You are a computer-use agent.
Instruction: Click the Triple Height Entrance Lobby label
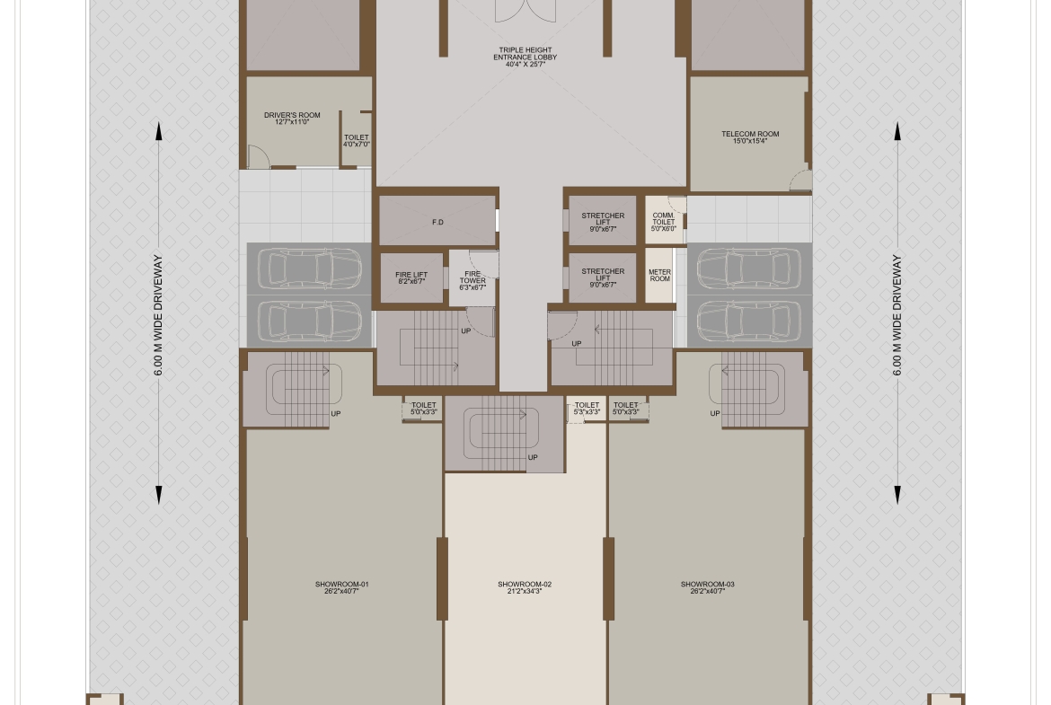pyautogui.click(x=525, y=57)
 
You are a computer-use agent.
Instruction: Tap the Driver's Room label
pyautogui.click(x=292, y=119)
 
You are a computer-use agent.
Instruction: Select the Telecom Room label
pyautogui.click(x=750, y=137)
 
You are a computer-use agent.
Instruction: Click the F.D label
pyautogui.click(x=437, y=222)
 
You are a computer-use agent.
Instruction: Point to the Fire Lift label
pyautogui.click(x=411, y=278)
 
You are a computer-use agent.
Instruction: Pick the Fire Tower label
pyautogui.click(x=473, y=281)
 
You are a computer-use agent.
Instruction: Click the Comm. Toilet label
pyautogui.click(x=664, y=222)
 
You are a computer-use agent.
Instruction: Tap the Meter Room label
pyautogui.click(x=659, y=276)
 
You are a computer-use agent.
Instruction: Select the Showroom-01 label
pyautogui.click(x=342, y=587)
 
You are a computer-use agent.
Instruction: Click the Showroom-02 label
pyautogui.click(x=525, y=587)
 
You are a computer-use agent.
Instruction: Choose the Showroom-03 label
pyautogui.click(x=707, y=587)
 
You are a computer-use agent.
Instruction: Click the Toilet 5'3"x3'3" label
pyautogui.click(x=587, y=408)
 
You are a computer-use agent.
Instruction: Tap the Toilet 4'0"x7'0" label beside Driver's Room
pyautogui.click(x=356, y=141)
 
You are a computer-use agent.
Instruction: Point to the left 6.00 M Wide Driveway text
pyautogui.click(x=158, y=314)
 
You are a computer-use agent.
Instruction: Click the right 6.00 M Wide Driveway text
pyautogui.click(x=896, y=314)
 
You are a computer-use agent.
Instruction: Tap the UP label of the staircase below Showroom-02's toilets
pyautogui.click(x=532, y=458)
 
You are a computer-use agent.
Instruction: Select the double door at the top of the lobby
pyautogui.click(x=525, y=11)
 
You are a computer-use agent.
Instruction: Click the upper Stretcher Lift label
pyautogui.click(x=603, y=223)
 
